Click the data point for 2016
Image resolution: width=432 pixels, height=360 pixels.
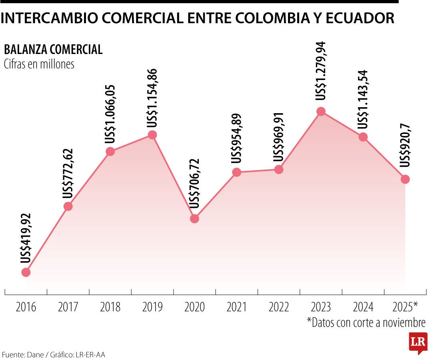(26, 272)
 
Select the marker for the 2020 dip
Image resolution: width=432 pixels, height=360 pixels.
(194, 219)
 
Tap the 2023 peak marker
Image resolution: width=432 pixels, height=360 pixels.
(321, 111)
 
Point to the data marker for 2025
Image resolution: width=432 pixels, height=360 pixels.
(405, 179)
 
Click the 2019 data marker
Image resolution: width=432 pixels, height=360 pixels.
(152, 135)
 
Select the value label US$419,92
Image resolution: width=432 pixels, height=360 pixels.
(26, 238)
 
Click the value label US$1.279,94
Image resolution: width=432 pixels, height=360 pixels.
(321, 71)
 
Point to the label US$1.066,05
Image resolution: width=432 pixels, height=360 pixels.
(110, 114)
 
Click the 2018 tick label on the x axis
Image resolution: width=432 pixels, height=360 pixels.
(110, 307)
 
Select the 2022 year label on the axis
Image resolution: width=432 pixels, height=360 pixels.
(279, 307)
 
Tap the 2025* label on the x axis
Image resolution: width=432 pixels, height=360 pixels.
(405, 307)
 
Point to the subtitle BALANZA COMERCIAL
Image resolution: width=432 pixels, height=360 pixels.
(53, 50)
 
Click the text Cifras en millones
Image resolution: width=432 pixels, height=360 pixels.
(39, 64)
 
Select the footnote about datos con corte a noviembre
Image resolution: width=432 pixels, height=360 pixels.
(366, 322)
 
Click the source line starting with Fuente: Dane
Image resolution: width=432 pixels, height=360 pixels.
(54, 355)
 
